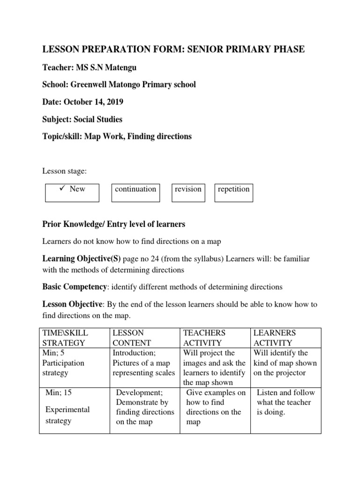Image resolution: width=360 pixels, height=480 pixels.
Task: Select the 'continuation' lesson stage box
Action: pos(135,192)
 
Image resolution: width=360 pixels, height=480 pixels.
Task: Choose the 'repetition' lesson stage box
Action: pos(233,192)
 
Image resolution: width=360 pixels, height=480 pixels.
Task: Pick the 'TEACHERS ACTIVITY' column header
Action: pos(204,337)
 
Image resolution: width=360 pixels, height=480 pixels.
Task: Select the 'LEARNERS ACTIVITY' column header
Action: pos(275,337)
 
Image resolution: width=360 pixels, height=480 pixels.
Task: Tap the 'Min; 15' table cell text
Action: pos(59,393)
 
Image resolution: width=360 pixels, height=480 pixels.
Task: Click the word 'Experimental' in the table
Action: pos(67,409)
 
